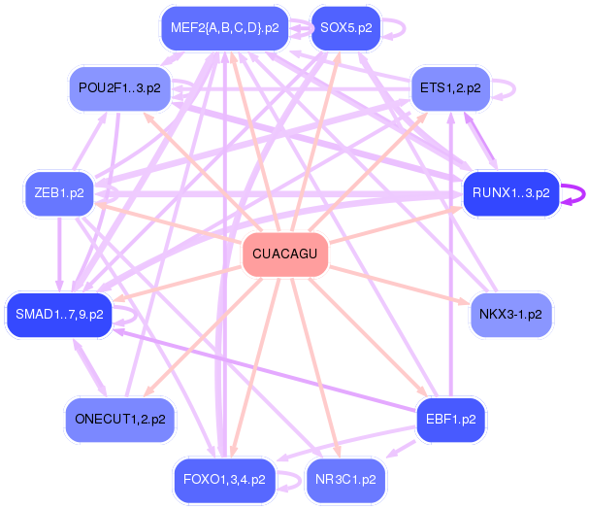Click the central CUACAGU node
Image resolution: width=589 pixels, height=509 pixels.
[284, 254]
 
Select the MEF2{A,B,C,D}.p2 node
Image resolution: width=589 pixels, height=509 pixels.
[224, 27]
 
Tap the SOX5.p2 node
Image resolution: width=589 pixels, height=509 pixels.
[344, 27]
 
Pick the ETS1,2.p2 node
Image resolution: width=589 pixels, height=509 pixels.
[449, 88]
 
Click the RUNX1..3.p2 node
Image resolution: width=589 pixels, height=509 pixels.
[510, 192]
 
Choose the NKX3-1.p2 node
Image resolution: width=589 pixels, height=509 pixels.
[510, 315]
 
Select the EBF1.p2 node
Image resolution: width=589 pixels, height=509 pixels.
[450, 420]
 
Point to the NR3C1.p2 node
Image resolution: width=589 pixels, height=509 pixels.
[345, 479]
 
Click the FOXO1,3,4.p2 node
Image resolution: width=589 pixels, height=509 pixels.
[223, 479]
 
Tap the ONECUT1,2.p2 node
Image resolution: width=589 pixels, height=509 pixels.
[119, 420]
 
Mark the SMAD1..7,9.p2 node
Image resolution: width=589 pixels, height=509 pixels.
[58, 314]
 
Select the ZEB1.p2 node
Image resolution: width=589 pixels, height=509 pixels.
[59, 192]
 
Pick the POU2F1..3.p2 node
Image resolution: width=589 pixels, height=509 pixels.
[119, 88]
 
